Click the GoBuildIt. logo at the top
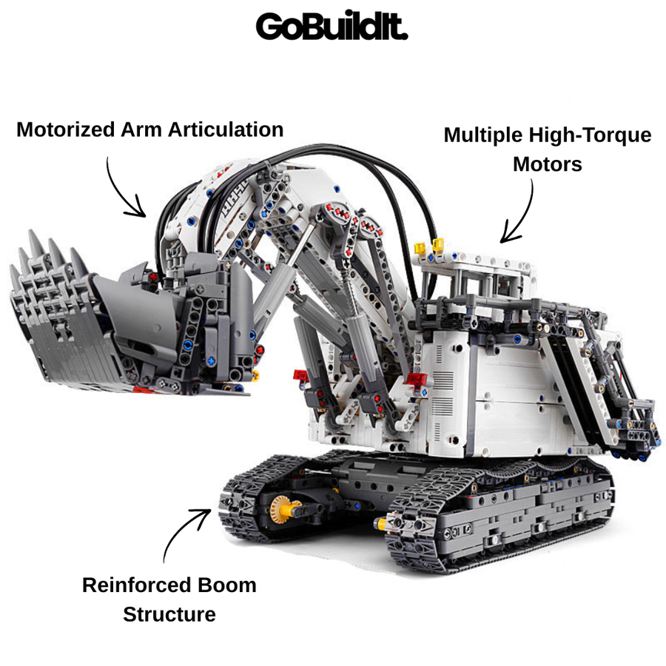click(x=332, y=26)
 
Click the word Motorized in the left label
click(x=66, y=129)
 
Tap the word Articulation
click(x=226, y=129)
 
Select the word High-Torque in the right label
click(x=590, y=135)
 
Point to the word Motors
click(x=548, y=164)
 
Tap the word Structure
click(x=169, y=614)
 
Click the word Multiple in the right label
click(x=483, y=135)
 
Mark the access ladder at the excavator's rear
click(x=612, y=383)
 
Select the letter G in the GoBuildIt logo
click(x=269, y=27)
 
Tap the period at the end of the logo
click(x=404, y=36)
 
